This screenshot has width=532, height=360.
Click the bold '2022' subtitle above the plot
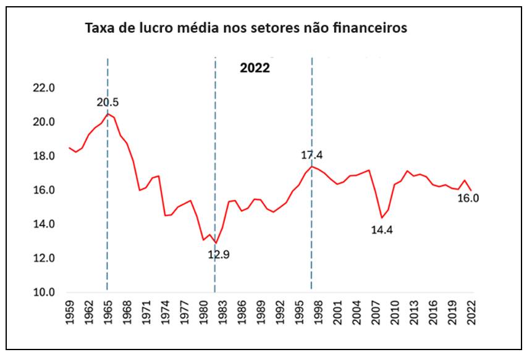coord(255,68)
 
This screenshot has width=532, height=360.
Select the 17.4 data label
coord(311,155)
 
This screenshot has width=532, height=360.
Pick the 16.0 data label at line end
coord(468,198)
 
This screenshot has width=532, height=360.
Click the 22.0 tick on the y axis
coord(44,88)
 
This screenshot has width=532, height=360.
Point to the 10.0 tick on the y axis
coord(44,292)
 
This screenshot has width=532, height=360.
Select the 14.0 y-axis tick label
coord(44,224)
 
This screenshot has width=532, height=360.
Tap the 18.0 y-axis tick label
coord(44,156)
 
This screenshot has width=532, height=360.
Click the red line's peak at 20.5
coord(108,114)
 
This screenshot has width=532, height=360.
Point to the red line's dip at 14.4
coord(382,218)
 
